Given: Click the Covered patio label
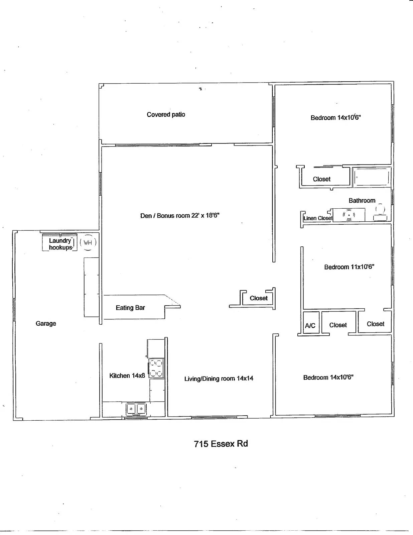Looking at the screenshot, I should (166, 114).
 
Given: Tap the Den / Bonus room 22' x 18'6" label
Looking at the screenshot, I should (180, 216).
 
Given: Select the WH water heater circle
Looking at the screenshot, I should (88, 243).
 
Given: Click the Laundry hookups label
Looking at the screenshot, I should (60, 244).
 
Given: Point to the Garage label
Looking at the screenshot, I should (46, 323).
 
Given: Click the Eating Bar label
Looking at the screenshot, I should (130, 308).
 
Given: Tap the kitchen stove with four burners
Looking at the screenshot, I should (156, 368).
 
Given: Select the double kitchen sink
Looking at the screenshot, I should (136, 409).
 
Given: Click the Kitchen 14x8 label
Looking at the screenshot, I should (127, 376).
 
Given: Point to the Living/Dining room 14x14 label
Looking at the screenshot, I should (219, 379).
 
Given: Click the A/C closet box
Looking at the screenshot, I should (310, 325).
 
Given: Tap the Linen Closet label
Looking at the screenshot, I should (318, 218).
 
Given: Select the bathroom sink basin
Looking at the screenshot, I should (349, 215).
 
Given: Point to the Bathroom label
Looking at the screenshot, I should (362, 201).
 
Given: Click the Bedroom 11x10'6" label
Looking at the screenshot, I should (349, 267).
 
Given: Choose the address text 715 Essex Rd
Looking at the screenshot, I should (221, 444).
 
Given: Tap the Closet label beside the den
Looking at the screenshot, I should (259, 298).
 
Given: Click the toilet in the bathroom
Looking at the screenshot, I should (380, 213).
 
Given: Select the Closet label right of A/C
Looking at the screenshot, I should (338, 325).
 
